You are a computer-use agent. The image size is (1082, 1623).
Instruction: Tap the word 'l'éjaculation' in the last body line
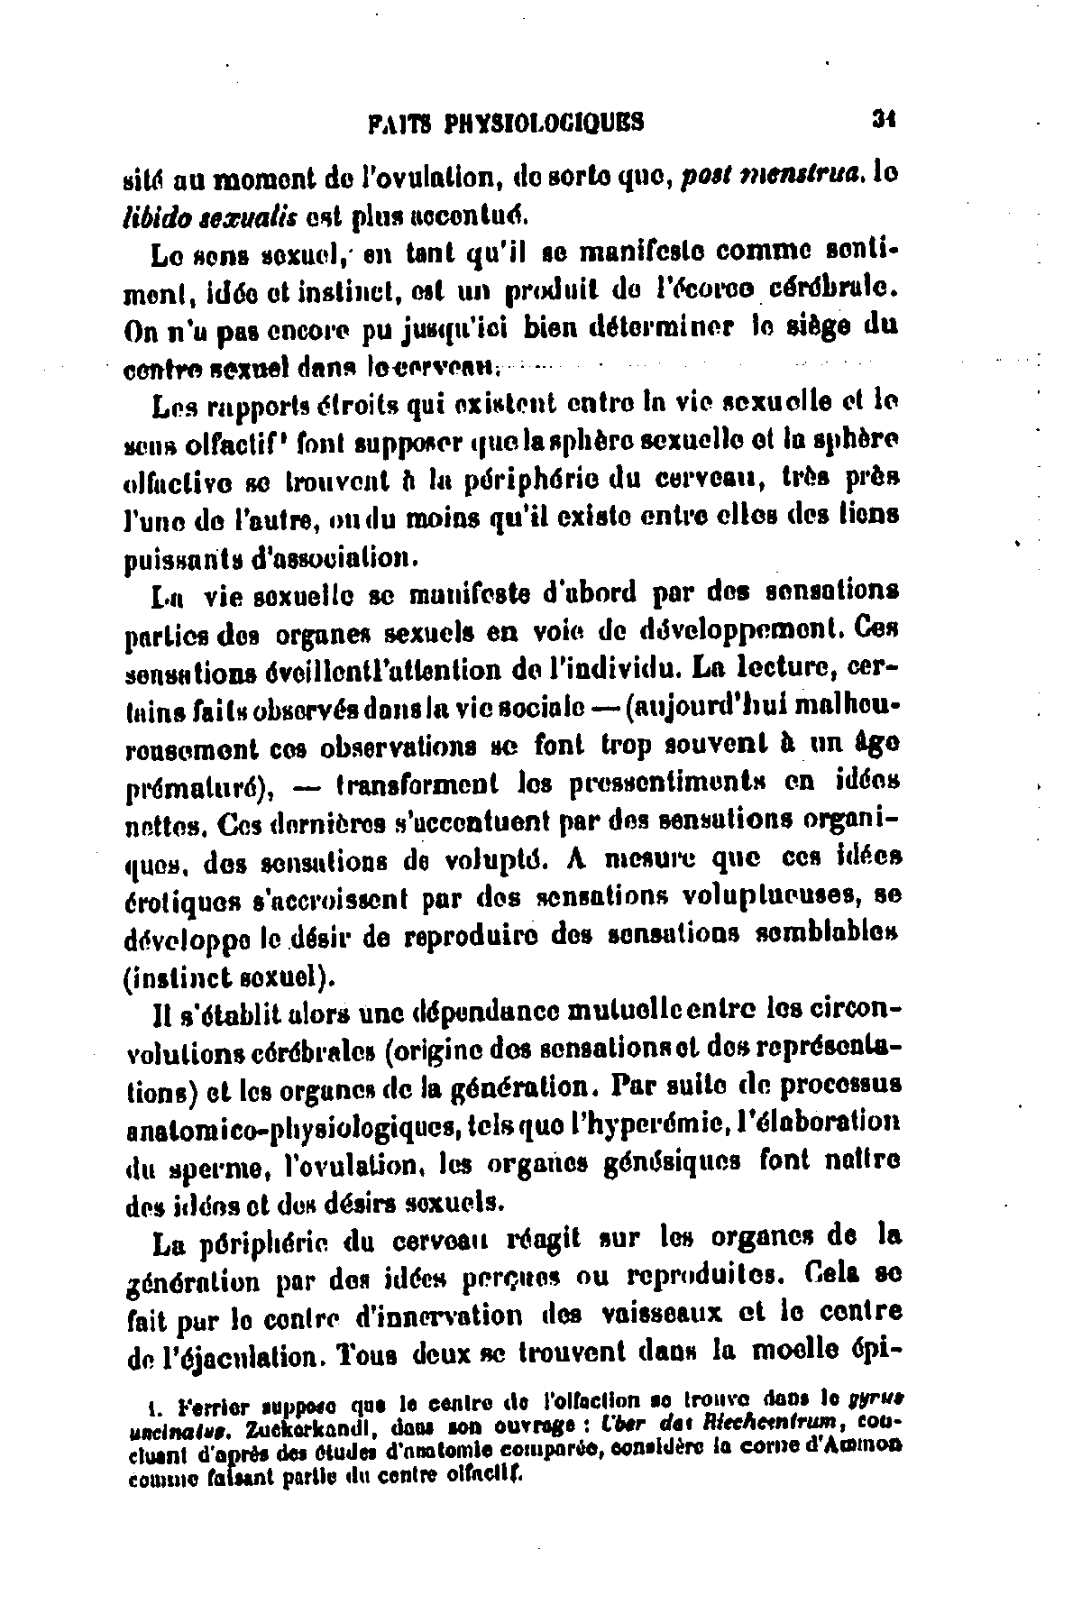point(255,1355)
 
